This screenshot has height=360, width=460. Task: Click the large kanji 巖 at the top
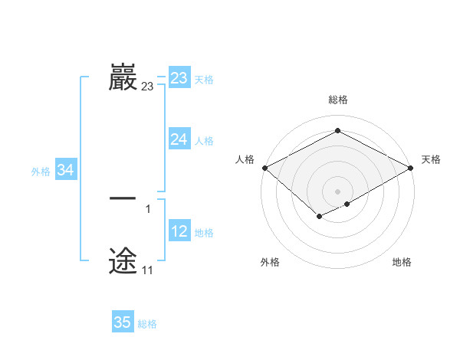[x=123, y=77]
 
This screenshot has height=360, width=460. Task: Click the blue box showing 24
[x=179, y=139]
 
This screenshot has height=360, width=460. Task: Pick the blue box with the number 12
[x=179, y=231]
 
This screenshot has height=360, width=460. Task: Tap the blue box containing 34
[x=65, y=171]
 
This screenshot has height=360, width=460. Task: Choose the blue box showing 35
[x=123, y=322]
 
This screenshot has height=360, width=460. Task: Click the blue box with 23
[x=179, y=78]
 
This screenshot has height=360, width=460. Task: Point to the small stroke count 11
[x=147, y=270]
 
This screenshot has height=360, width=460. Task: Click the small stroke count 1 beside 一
[x=147, y=208]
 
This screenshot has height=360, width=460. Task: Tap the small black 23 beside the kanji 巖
[x=147, y=87]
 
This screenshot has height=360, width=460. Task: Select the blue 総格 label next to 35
[x=147, y=324]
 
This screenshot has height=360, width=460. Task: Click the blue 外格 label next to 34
[x=41, y=172]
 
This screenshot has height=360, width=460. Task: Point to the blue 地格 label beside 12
[x=204, y=233]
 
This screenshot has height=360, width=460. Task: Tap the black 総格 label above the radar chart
[x=337, y=100]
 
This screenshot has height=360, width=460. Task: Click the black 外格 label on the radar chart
[x=270, y=262]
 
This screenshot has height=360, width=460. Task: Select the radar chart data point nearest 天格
[x=412, y=169]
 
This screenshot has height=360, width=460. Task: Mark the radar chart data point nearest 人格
[x=264, y=168]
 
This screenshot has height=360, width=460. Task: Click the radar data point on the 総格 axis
[x=337, y=130]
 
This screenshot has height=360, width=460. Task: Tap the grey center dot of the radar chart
[x=337, y=191]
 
